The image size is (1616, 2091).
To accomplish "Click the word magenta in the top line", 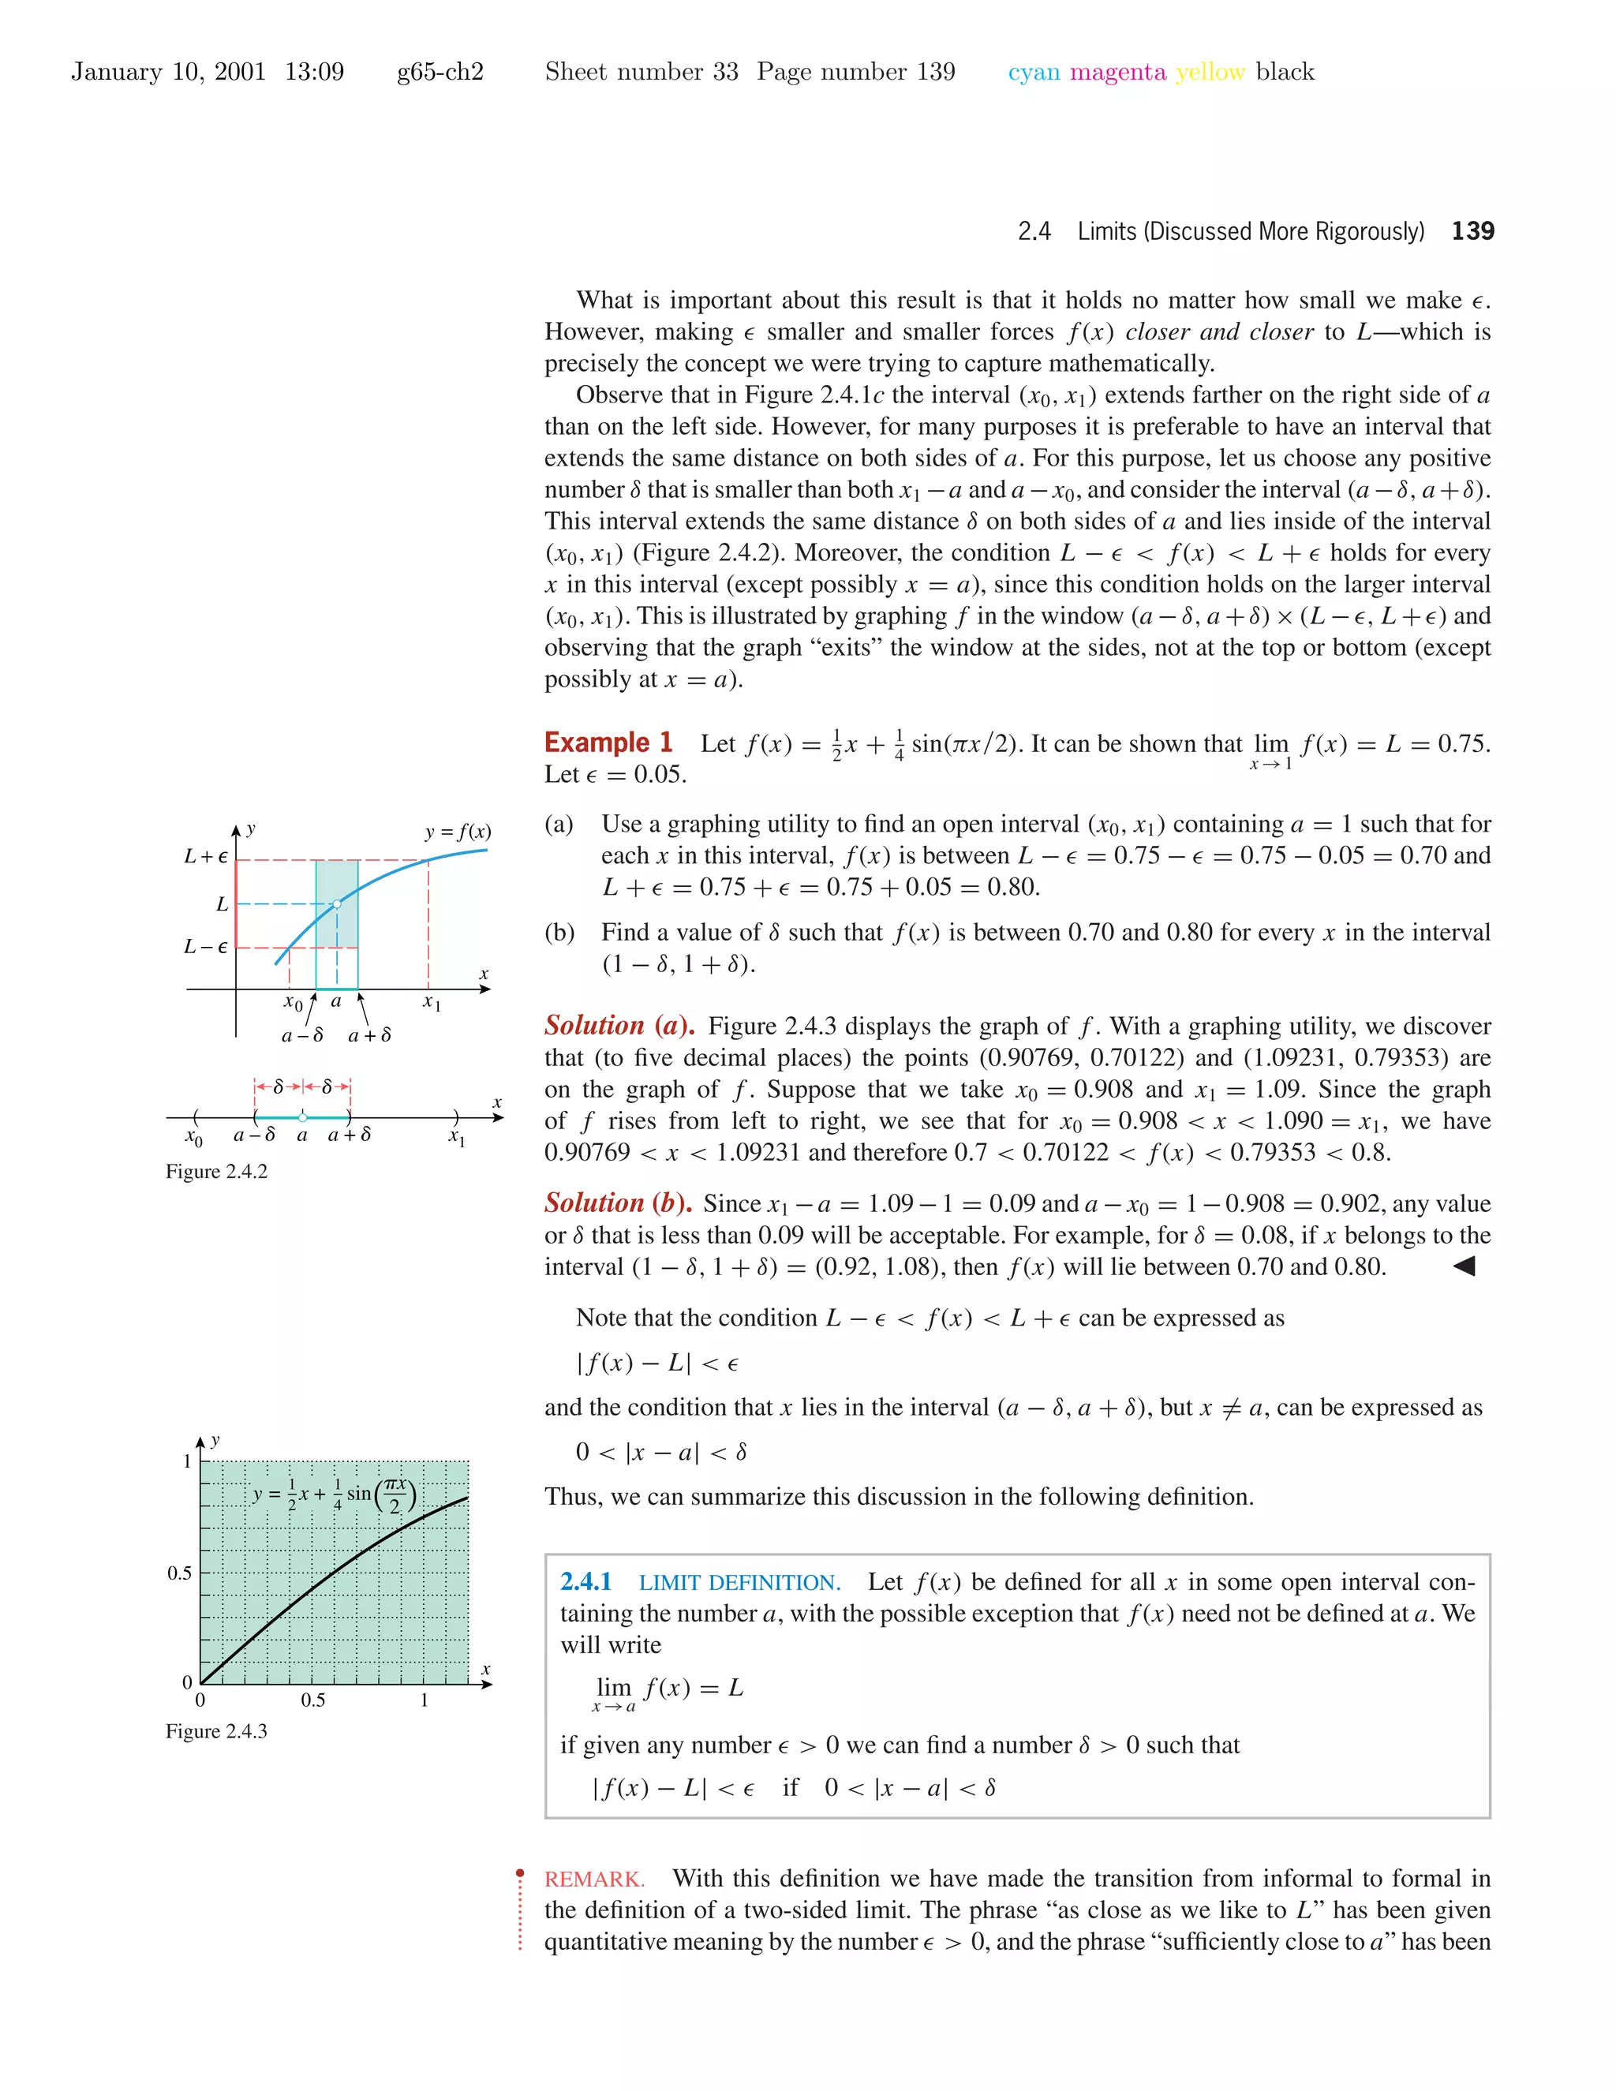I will click(x=1117, y=72).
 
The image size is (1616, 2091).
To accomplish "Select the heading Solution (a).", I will click(x=619, y=1026).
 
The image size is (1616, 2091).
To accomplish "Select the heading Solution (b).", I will click(x=619, y=1203).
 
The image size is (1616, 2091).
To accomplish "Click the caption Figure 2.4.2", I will click(x=216, y=1171).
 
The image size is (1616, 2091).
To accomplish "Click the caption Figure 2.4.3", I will click(x=216, y=1731).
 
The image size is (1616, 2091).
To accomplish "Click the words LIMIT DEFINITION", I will click(x=739, y=1583).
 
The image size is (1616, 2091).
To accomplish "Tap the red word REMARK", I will click(x=593, y=1879).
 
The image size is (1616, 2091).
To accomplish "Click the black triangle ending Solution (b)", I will click(x=1464, y=1266).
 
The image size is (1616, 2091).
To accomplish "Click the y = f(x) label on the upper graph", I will click(x=458, y=831).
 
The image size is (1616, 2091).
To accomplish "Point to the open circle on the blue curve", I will click(x=337, y=903).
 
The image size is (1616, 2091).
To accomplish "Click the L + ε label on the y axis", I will click(x=206, y=856).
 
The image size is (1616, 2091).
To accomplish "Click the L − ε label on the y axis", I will click(x=206, y=947).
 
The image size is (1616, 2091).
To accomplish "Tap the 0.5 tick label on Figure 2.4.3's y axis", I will click(x=179, y=1573).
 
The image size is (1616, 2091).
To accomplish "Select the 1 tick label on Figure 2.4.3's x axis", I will click(x=424, y=1700).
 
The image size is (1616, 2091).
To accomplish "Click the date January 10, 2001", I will click(x=169, y=72).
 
